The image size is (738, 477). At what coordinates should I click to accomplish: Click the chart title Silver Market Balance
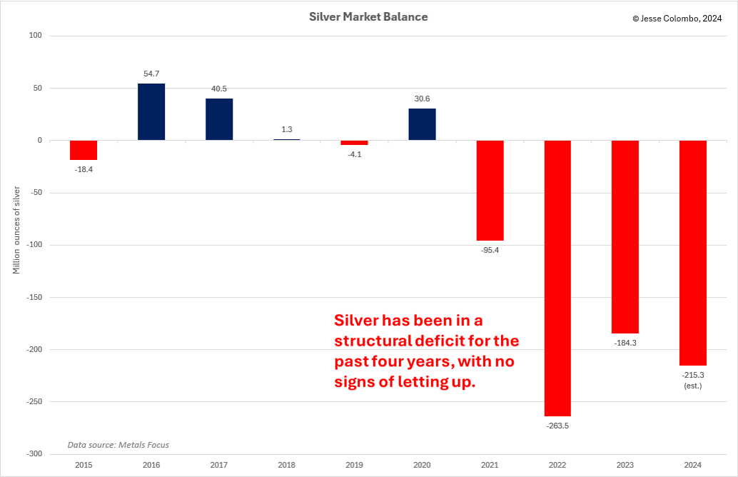(x=368, y=16)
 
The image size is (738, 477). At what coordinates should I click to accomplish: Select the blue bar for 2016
(x=151, y=112)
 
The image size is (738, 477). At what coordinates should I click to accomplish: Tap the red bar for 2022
(x=557, y=278)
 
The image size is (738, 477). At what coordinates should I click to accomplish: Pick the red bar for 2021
(x=490, y=190)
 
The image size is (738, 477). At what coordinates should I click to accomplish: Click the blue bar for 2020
(x=422, y=124)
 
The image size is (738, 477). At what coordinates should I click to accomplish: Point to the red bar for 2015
(x=84, y=150)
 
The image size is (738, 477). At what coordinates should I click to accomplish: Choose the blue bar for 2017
(x=219, y=119)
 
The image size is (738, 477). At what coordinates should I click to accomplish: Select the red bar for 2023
(x=625, y=236)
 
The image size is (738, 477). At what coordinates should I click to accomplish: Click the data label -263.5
(x=557, y=426)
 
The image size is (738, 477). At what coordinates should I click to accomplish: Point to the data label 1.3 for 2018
(x=287, y=129)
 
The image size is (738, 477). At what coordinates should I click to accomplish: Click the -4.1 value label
(x=355, y=154)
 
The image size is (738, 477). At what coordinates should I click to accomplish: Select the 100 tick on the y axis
(x=36, y=36)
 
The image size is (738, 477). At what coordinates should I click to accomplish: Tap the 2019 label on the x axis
(x=355, y=465)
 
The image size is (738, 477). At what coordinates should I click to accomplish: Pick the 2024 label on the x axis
(x=692, y=465)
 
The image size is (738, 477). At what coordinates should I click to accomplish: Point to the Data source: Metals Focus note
(x=118, y=445)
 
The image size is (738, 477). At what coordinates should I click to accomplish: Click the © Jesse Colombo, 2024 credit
(x=678, y=19)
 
